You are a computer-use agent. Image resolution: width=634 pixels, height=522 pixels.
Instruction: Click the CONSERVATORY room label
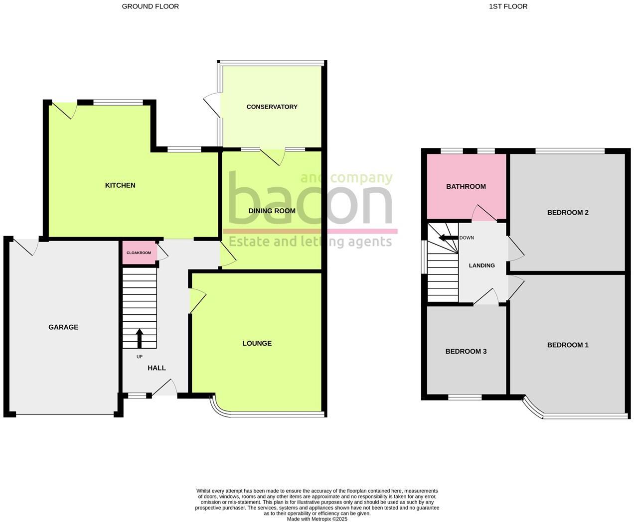click(272, 107)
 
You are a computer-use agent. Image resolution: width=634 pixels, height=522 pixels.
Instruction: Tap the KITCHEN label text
click(120, 185)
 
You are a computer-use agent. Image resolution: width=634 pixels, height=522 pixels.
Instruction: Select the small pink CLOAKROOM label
click(139, 253)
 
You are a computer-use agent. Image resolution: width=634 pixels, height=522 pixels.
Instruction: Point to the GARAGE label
click(63, 327)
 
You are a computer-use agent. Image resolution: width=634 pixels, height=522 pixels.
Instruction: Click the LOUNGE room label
click(257, 343)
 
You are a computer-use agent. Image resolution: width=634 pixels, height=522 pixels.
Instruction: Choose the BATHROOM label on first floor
click(466, 186)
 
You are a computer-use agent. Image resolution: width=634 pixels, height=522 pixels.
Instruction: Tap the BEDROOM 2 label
click(568, 213)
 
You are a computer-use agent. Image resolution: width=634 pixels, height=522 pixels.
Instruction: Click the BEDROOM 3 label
click(466, 351)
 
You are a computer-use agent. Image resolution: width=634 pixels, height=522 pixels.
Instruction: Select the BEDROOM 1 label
click(568, 345)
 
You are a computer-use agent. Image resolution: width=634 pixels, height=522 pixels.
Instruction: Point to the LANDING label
click(481, 265)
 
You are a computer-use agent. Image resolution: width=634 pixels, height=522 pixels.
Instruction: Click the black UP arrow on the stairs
click(139, 338)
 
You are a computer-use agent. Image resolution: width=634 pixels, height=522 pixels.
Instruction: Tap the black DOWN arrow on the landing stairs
click(448, 238)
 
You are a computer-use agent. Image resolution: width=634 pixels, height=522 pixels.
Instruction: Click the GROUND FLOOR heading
click(150, 6)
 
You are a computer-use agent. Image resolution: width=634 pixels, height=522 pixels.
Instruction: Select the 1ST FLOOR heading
click(508, 6)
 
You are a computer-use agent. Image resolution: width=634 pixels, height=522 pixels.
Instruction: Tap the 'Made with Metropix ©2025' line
click(317, 519)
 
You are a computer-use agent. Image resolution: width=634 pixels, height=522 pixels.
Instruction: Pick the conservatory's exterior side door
click(212, 106)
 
